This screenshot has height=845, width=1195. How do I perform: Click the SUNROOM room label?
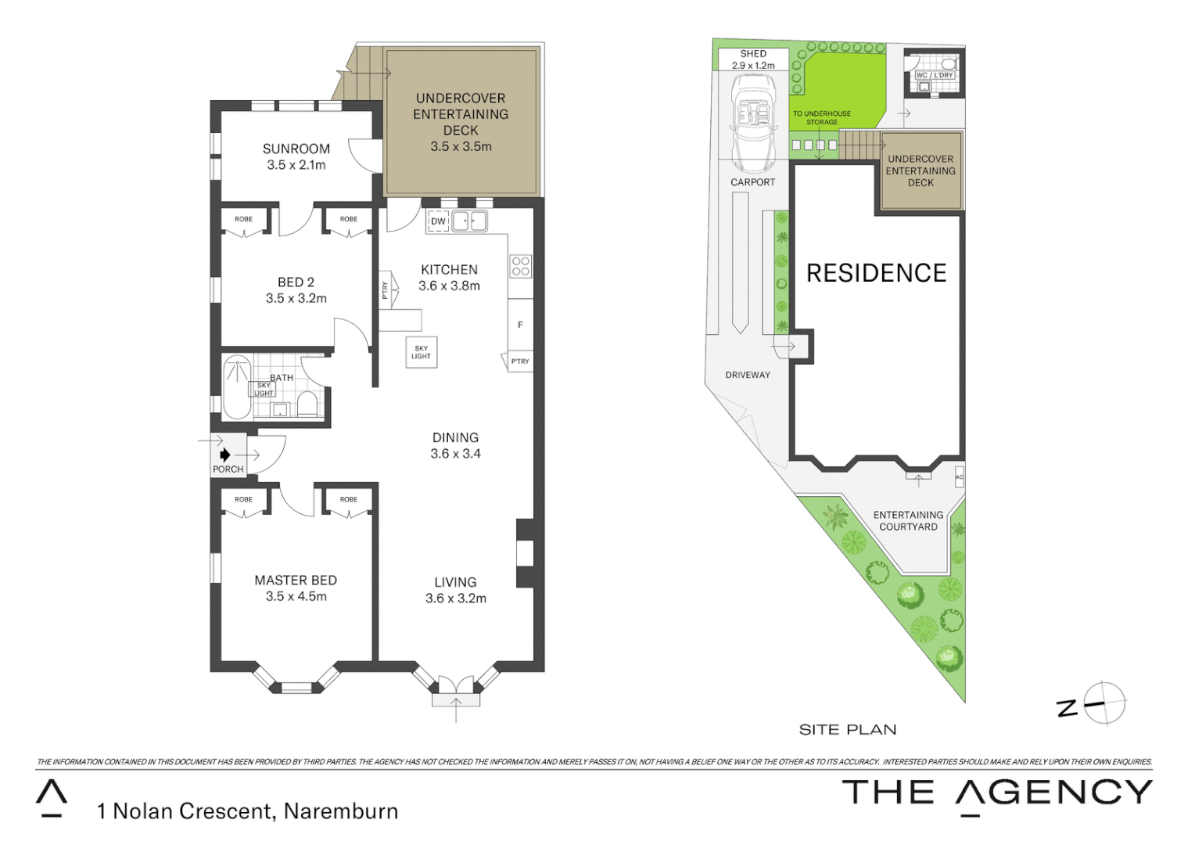tap(296, 149)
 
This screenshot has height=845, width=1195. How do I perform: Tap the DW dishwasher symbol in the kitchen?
tap(438, 221)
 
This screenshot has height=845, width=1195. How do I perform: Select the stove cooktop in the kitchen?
tap(521, 266)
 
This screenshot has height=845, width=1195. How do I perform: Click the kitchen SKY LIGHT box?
tap(421, 352)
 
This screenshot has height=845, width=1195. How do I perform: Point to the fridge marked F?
tap(520, 325)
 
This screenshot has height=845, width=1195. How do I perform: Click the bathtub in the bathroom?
tap(236, 387)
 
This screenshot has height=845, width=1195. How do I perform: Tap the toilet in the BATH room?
tap(307, 404)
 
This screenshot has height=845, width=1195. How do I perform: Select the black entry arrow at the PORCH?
tap(225, 455)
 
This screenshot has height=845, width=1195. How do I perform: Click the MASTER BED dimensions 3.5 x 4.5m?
tap(296, 596)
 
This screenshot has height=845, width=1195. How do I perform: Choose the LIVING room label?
tap(455, 582)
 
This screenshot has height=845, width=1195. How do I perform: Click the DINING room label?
tap(455, 437)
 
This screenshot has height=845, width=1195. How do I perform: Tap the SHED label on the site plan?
tap(753, 54)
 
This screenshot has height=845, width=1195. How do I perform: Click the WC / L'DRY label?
tap(934, 75)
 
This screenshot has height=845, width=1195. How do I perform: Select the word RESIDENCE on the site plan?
tap(876, 273)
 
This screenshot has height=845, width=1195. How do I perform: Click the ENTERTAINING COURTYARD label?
tap(908, 520)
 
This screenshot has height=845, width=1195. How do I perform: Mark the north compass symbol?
tap(1103, 703)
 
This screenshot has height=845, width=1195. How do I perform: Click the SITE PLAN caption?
tap(848, 729)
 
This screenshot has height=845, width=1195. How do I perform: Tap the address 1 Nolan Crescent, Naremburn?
tap(247, 811)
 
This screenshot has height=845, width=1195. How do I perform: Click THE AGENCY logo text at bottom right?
tap(997, 793)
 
